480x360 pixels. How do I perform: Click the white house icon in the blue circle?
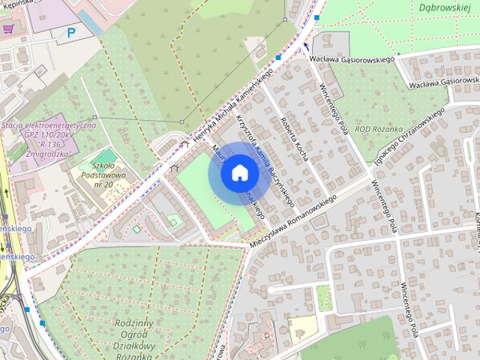click(x=239, y=172)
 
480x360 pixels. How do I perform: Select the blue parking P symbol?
click(x=71, y=32)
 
